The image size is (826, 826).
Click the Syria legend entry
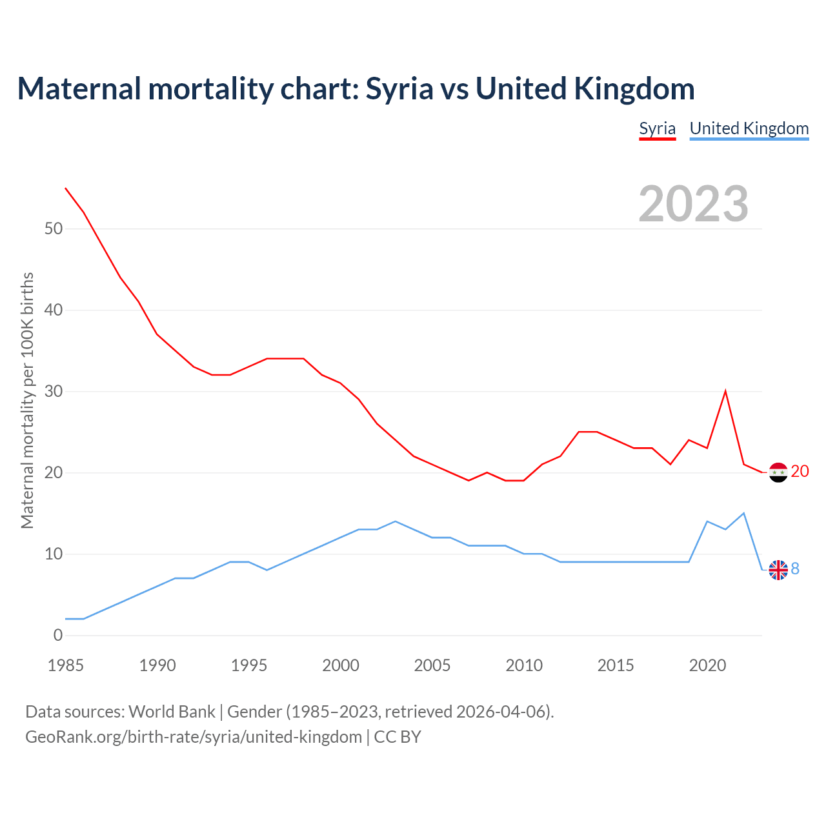657,128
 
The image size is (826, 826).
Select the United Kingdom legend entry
749,128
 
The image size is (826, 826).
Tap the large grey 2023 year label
693,204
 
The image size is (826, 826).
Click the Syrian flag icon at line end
778,472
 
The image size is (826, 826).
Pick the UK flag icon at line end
778,570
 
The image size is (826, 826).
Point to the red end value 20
800,472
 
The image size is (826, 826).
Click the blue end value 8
795,569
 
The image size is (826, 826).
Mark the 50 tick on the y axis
54,229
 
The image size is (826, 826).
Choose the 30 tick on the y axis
54,392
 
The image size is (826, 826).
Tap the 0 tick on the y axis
58,636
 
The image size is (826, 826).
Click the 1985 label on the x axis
66,665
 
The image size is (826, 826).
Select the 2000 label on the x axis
341,665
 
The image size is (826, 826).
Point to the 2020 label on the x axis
707,665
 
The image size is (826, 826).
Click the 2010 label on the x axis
524,665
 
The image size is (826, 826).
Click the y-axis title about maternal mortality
27,400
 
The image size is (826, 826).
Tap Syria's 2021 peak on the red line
725,391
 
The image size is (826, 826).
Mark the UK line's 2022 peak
744,513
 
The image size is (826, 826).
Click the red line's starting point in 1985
65,188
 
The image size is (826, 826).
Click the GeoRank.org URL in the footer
194,737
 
